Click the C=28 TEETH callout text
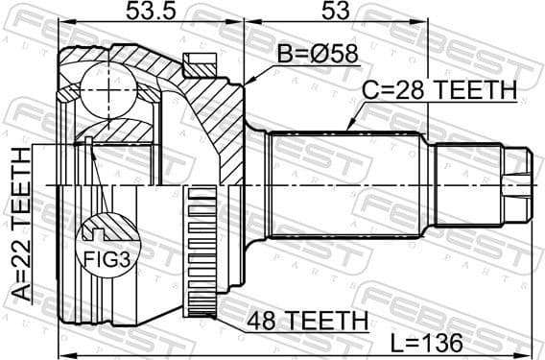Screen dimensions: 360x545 point(439,90)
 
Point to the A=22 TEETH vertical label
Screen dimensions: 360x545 point(20,227)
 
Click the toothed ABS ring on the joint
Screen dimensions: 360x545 point(202,254)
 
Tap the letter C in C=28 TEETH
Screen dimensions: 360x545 point(369,90)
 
